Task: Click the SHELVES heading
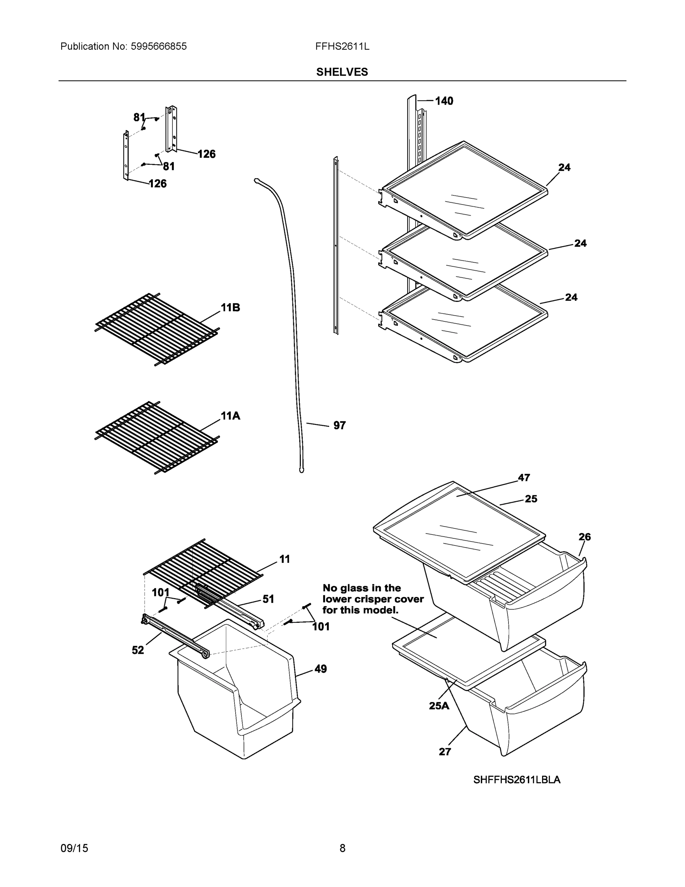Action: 342,72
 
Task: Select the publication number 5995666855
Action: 159,46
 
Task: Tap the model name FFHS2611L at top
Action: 342,46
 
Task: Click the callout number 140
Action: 444,101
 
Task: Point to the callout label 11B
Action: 230,308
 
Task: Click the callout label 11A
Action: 230,416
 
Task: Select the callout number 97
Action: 339,425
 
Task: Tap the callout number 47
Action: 524,478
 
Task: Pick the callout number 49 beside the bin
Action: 320,669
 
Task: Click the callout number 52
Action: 138,650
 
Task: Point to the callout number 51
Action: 268,599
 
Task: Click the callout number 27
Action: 445,752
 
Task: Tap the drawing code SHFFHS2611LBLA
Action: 517,780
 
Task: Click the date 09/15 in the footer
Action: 74,848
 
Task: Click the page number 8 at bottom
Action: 342,848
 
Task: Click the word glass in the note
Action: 358,588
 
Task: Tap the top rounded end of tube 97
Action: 257,180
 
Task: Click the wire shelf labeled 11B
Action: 156,329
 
